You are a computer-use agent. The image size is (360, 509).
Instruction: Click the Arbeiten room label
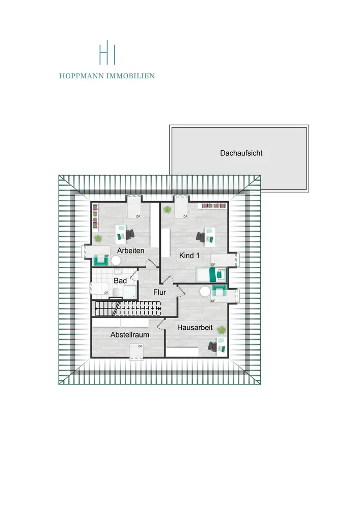[131, 251]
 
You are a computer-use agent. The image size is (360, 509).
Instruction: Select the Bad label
[120, 280]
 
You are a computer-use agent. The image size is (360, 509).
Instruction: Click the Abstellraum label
[129, 335]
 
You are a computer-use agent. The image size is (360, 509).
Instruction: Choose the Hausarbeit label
[195, 328]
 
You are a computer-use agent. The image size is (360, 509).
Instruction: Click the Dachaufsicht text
[241, 153]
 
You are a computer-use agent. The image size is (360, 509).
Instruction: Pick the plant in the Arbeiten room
[98, 238]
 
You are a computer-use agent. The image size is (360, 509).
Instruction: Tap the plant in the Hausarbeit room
[221, 330]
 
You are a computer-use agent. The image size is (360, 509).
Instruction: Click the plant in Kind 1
[167, 209]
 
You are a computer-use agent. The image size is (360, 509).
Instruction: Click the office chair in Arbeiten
[130, 234]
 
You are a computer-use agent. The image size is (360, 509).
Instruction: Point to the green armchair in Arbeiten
[100, 260]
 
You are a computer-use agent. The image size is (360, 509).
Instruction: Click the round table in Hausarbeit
[205, 292]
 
